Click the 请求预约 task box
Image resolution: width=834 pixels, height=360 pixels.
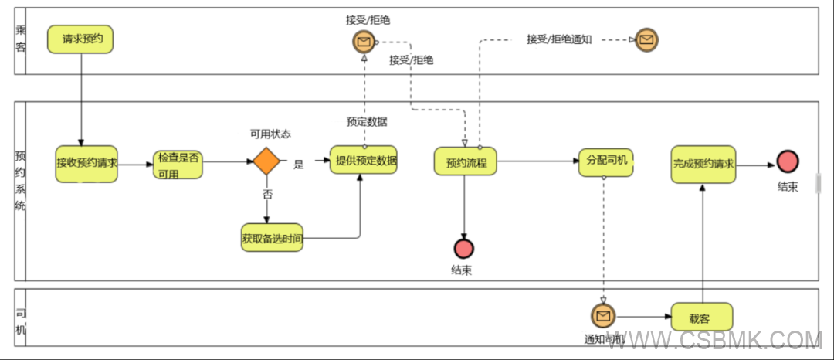80,39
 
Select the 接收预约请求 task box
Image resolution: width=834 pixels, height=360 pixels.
86,163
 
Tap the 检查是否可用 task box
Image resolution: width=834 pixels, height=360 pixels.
178,164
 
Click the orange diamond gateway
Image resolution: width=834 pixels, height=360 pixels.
266,162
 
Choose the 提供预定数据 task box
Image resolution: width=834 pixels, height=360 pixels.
364,161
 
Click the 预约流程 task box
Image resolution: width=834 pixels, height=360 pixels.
466,163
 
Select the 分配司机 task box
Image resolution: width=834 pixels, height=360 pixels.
605,162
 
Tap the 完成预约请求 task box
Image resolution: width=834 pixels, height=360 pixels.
703,164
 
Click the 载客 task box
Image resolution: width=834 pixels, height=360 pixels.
701,316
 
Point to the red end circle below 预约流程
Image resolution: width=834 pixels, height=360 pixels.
463,249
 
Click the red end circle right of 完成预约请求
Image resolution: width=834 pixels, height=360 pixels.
788,161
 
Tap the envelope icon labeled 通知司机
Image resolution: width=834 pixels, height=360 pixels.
603,315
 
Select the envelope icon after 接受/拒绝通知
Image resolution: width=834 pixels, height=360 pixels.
646,39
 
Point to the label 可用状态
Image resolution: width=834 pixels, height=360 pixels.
270,134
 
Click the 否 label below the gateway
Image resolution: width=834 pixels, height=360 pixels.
267,195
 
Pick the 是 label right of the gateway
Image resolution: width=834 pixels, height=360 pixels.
299,164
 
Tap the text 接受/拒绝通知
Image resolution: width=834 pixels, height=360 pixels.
559,39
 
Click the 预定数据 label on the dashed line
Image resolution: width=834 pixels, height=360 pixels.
367,121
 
